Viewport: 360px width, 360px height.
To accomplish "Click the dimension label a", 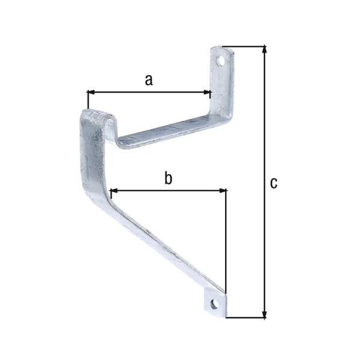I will click(149, 79).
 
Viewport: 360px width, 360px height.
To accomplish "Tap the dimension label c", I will click(274, 182).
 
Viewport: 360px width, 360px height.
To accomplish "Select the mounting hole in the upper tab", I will click(222, 61).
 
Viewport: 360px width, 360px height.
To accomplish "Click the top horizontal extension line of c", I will click(246, 46).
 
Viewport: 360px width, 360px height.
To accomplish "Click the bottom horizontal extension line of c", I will click(246, 317).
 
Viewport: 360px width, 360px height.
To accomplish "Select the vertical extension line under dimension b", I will click(226, 240).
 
